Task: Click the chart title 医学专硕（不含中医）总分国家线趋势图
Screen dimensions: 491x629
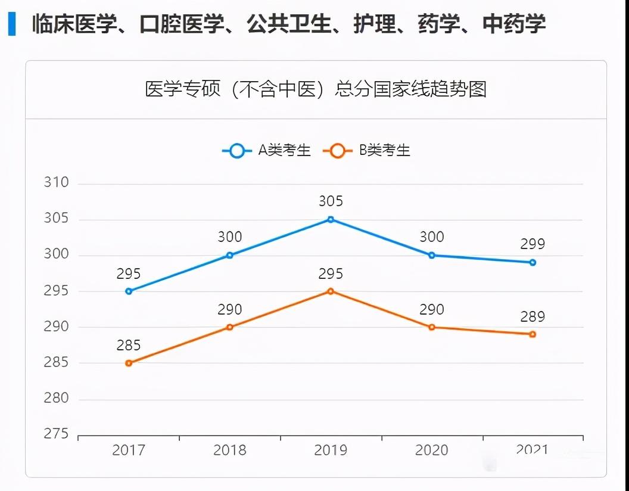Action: point(316,89)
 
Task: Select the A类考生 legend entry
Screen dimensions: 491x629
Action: point(267,151)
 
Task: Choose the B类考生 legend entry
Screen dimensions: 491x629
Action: point(367,151)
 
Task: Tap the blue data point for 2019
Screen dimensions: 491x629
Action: point(331,219)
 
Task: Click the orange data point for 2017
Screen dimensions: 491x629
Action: point(129,363)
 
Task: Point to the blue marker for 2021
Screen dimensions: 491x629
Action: point(533,262)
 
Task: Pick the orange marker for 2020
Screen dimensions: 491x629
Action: point(432,327)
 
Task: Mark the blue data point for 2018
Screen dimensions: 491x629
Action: point(230,255)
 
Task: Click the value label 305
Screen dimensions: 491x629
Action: point(331,201)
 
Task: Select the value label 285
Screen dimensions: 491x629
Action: point(129,345)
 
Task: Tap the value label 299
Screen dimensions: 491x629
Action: point(533,244)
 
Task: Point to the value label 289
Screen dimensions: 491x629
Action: point(533,316)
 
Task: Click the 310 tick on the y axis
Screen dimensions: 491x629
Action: point(57,183)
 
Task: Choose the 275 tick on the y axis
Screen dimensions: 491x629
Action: point(57,434)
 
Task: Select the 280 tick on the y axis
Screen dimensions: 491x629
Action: point(57,398)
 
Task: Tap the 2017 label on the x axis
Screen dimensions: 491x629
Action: point(129,450)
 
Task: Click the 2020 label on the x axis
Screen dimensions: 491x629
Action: point(432,450)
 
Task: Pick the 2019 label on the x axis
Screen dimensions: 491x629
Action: point(331,450)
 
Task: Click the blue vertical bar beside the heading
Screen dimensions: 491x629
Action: point(12,24)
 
